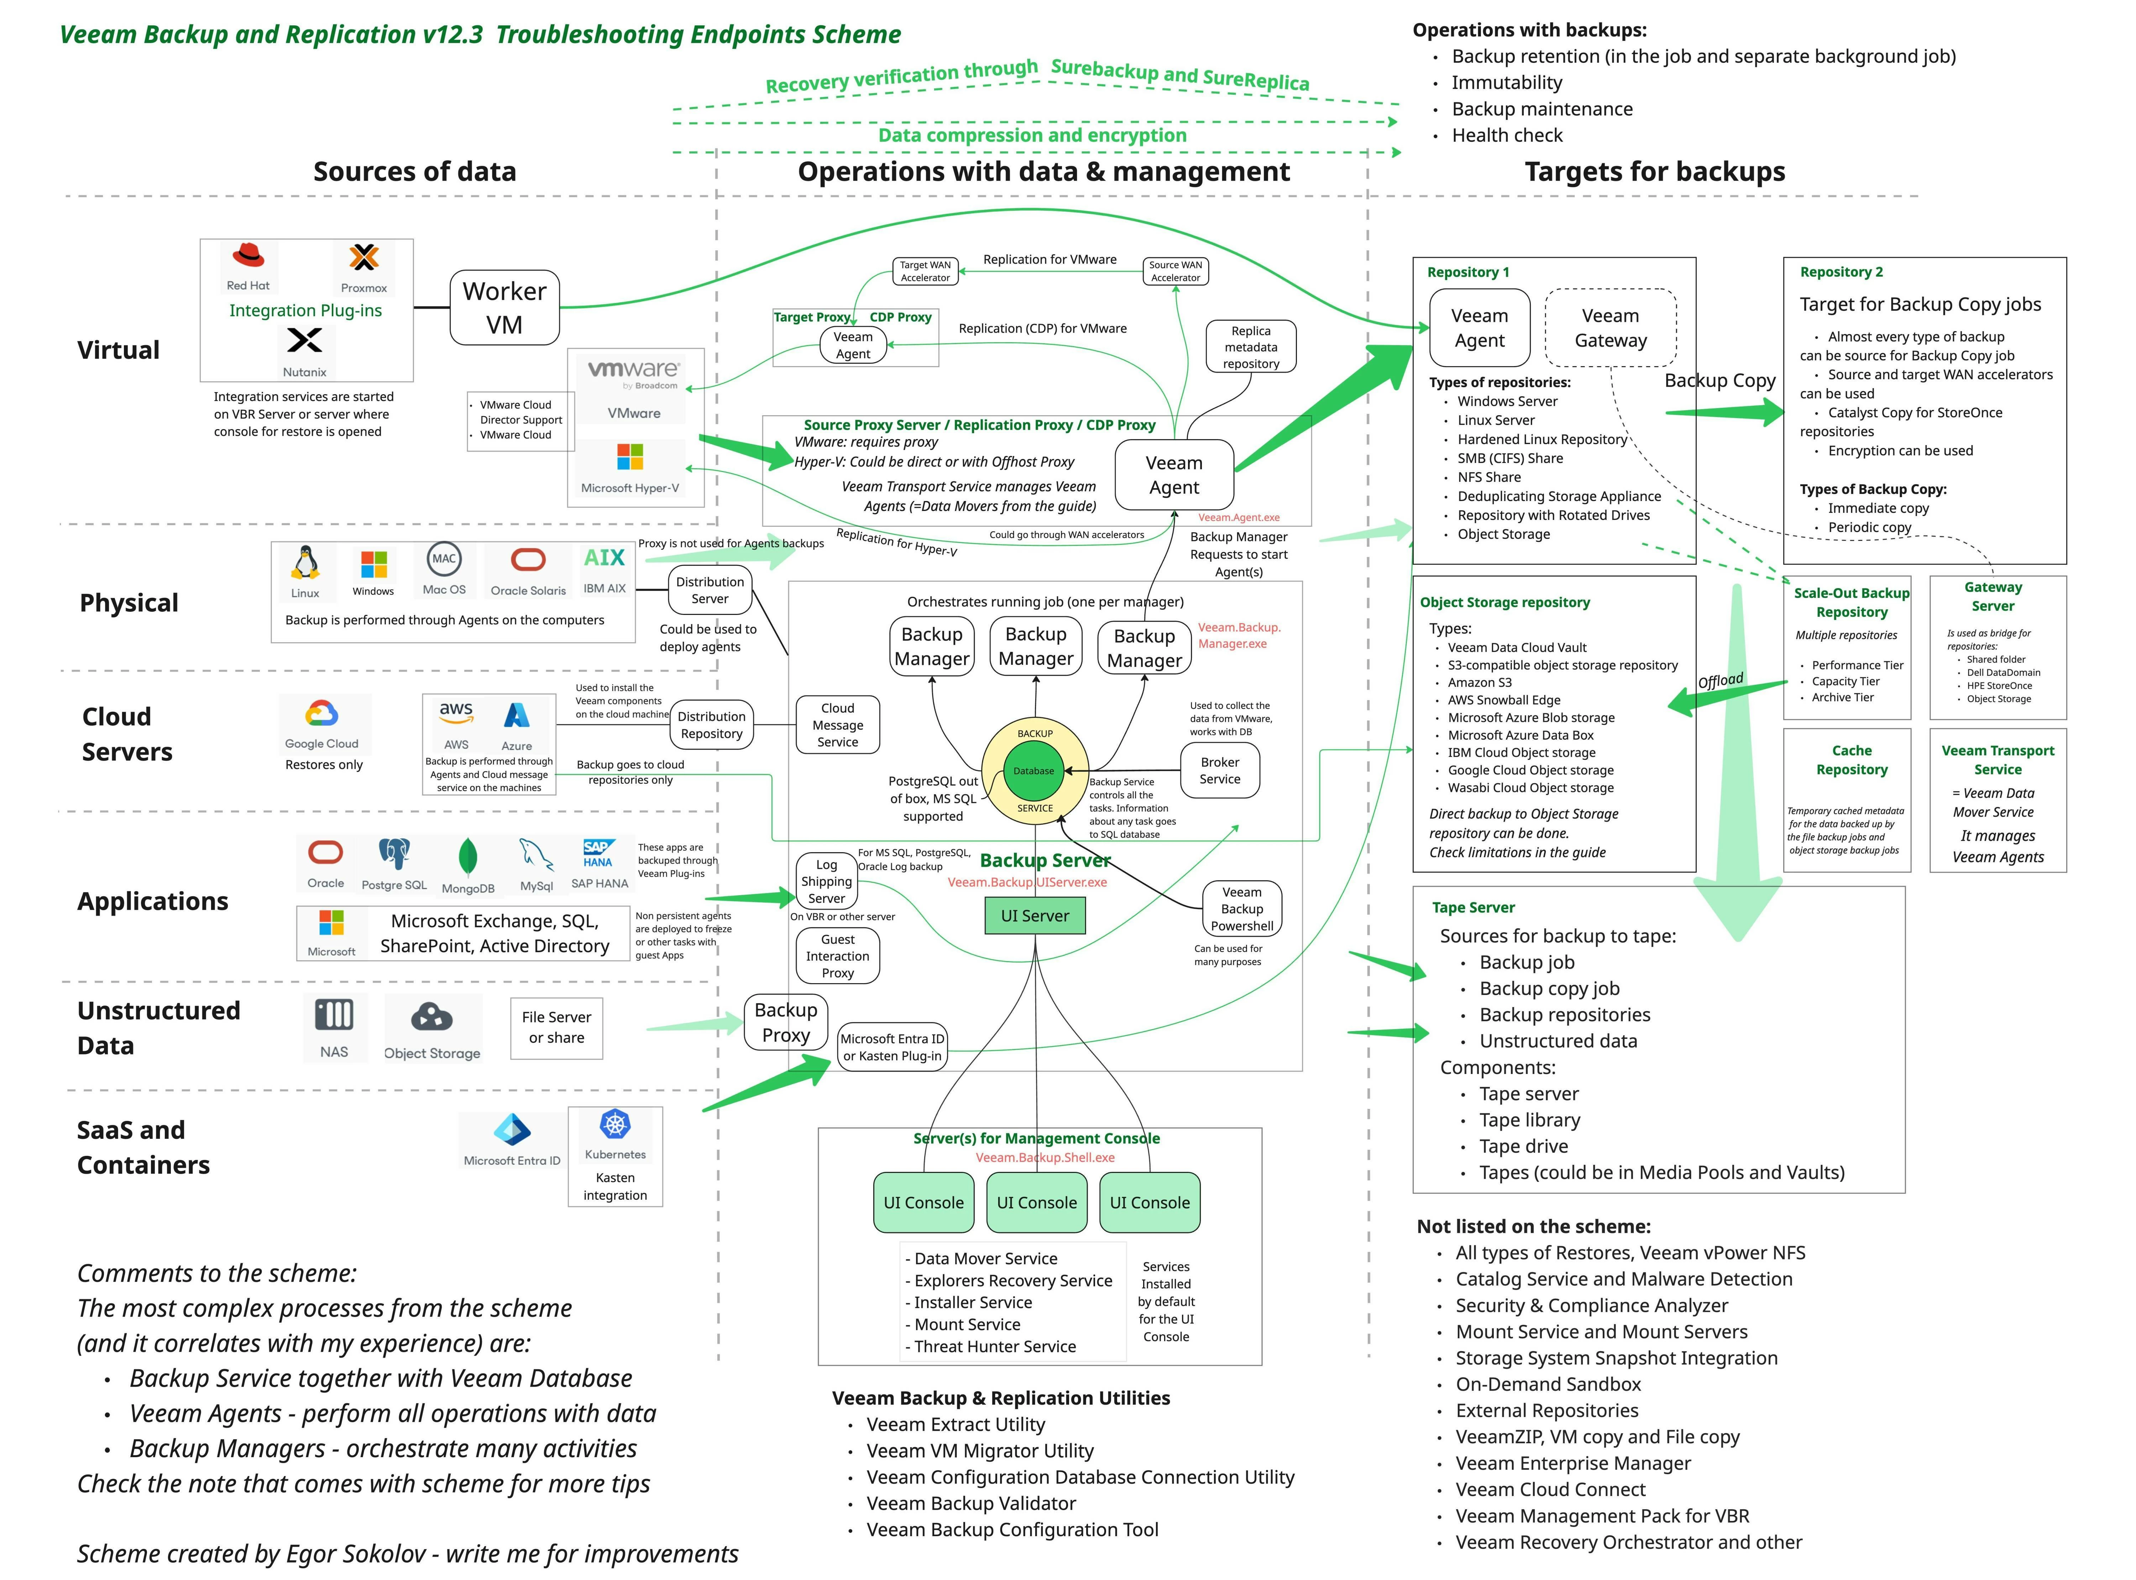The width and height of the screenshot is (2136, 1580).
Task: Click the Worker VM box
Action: click(x=505, y=307)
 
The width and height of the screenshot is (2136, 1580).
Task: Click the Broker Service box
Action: click(x=1220, y=771)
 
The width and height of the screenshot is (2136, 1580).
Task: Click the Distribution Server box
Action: click(x=710, y=590)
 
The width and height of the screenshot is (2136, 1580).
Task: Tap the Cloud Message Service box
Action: click(x=838, y=725)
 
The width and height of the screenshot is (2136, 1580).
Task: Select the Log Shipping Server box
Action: click(x=826, y=881)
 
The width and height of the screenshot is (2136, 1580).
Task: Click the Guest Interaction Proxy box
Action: click(x=838, y=955)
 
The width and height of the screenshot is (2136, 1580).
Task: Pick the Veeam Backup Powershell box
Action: click(x=1242, y=909)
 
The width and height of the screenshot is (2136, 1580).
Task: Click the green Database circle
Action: click(x=1035, y=771)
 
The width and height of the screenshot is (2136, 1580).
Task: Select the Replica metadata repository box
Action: click(x=1251, y=346)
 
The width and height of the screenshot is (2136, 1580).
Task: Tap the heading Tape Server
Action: click(x=1473, y=908)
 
